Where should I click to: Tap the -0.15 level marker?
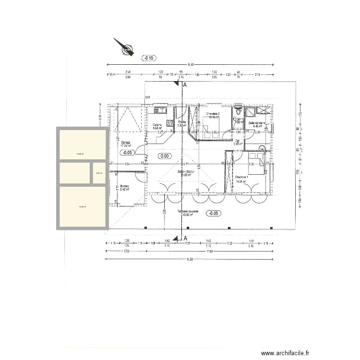(149, 58)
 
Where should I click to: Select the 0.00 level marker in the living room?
(165, 156)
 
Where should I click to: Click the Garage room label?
(126, 142)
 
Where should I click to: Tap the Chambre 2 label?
(213, 114)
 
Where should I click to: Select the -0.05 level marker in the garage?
(128, 153)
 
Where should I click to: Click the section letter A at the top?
(184, 85)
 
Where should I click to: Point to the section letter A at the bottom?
(184, 238)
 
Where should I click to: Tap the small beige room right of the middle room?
(99, 173)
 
